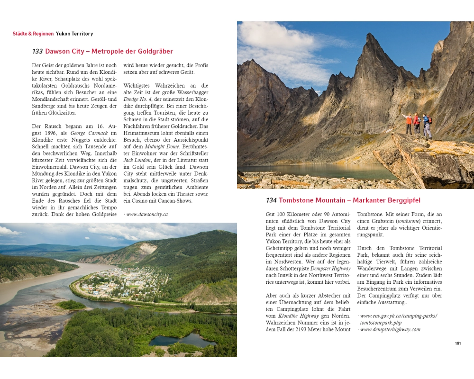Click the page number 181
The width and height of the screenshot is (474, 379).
point(458,343)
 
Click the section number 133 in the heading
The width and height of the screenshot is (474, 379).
point(37,52)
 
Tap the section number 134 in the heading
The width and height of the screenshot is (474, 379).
point(271,200)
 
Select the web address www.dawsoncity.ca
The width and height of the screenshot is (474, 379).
point(147,214)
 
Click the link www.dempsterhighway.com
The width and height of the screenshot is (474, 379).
point(390,329)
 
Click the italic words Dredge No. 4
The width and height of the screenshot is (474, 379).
point(138,99)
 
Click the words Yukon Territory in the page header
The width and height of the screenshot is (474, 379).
point(74,34)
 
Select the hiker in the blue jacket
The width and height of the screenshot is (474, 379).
point(427,125)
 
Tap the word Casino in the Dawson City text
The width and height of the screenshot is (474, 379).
point(134,201)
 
